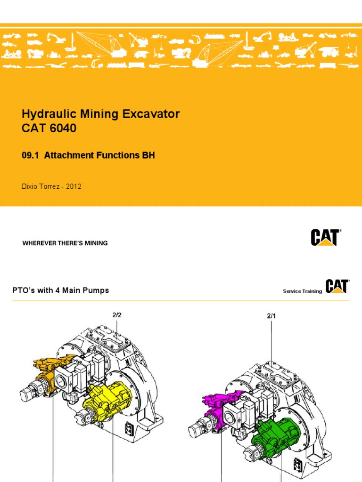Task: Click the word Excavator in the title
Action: point(153,114)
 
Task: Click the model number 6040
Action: point(60,128)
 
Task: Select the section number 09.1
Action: point(31,156)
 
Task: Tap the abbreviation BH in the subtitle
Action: point(149,156)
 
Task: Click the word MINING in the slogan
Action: point(96,243)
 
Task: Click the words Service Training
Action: point(302,291)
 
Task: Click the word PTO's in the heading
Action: point(24,290)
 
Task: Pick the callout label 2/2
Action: point(117,315)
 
